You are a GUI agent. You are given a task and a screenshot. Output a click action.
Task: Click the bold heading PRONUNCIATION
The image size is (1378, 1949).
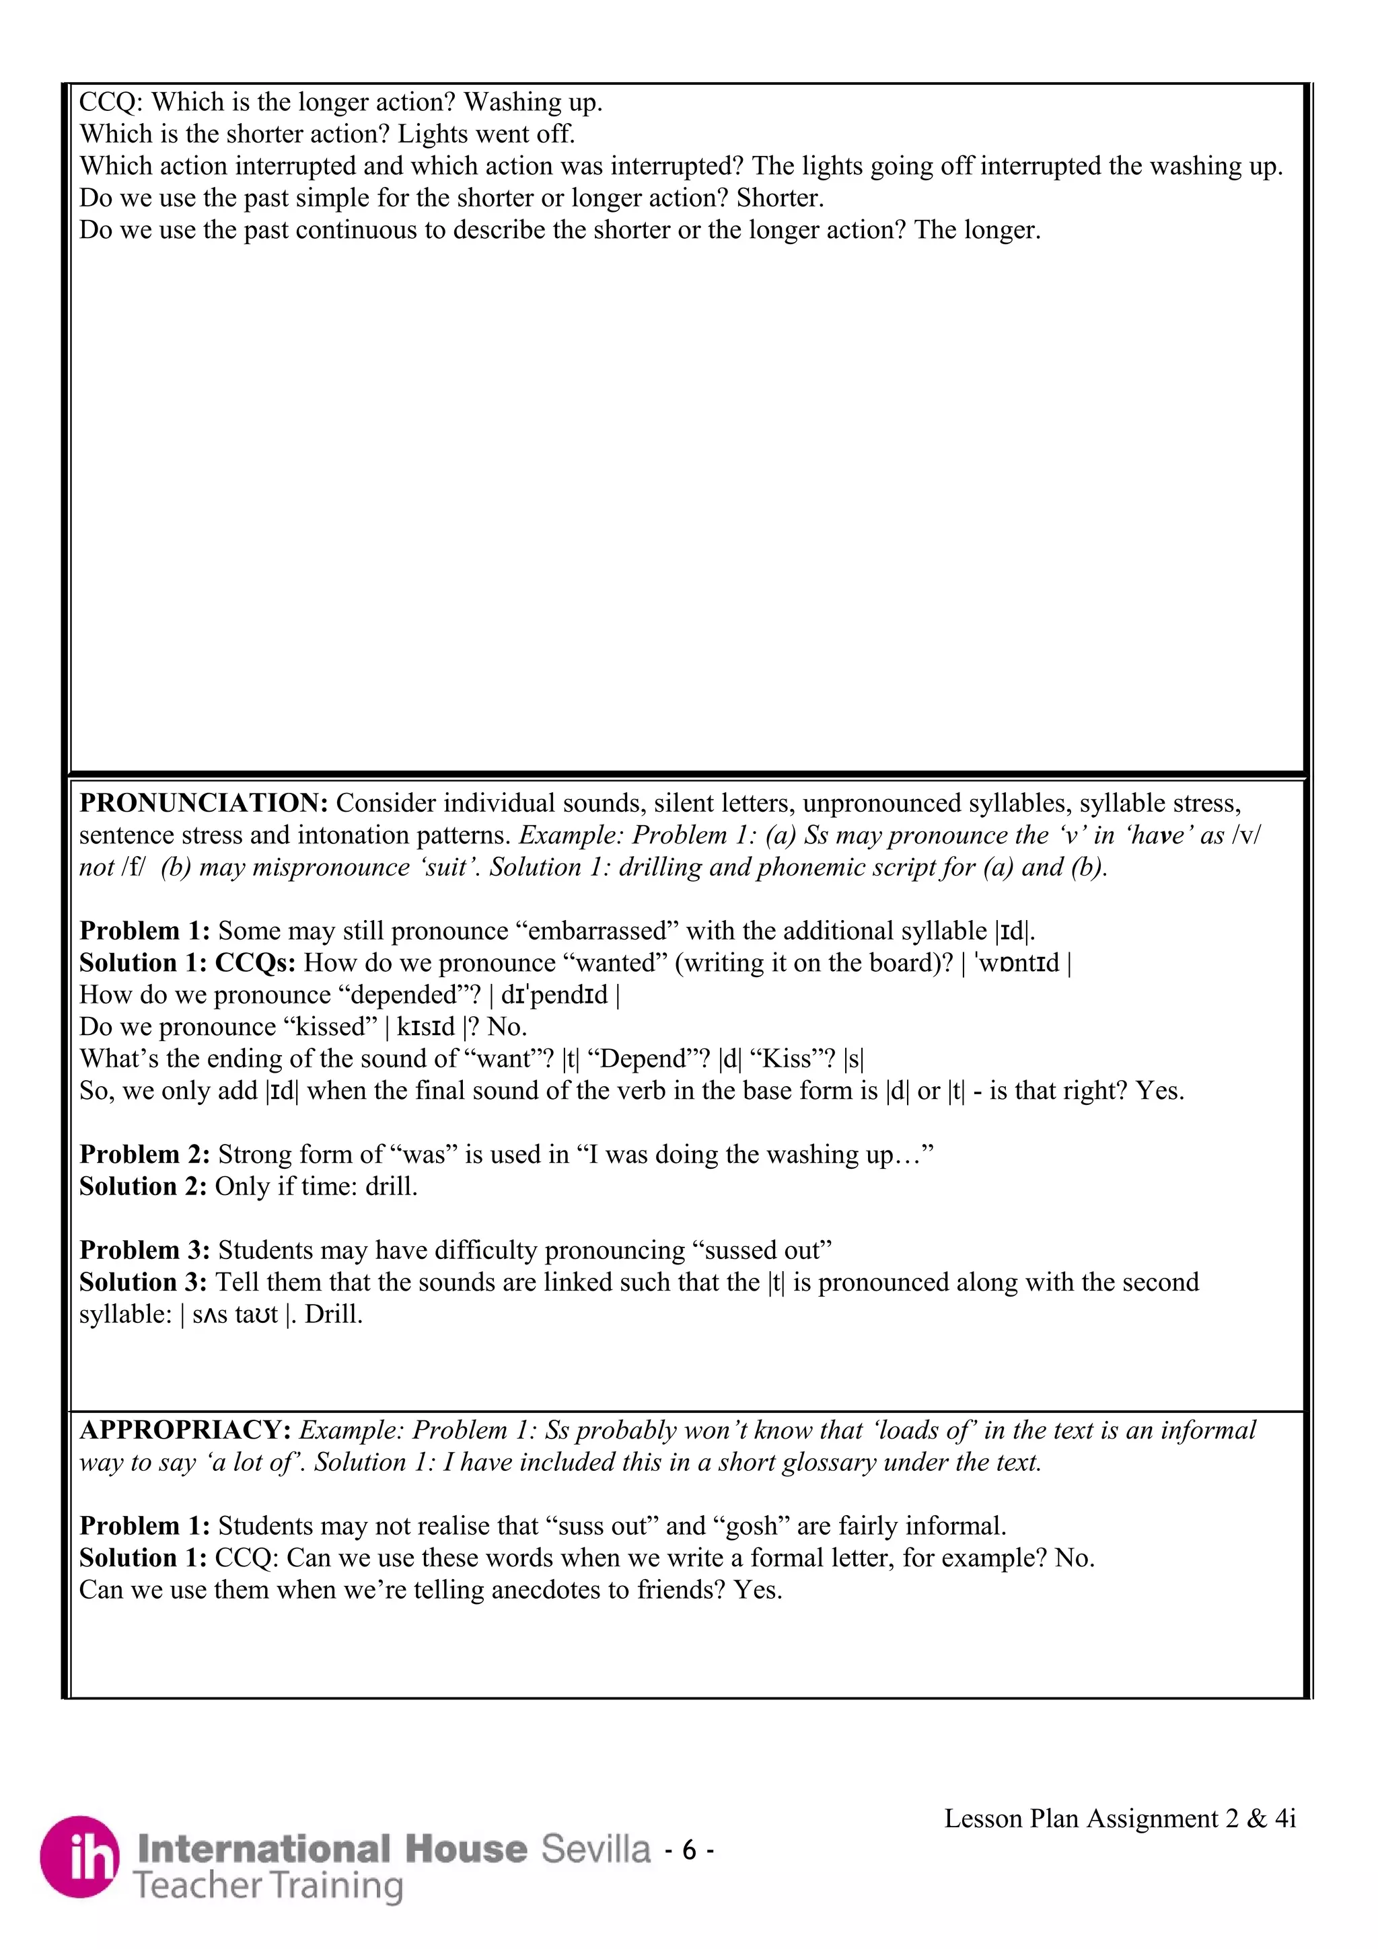pyautogui.click(x=204, y=803)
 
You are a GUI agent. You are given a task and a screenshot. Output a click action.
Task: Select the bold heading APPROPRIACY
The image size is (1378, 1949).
pyautogui.click(x=186, y=1430)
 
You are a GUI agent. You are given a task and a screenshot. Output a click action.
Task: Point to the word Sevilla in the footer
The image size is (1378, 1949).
pyautogui.click(x=596, y=1849)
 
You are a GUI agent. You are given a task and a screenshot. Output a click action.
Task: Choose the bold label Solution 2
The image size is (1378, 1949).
pyautogui.click(x=143, y=1187)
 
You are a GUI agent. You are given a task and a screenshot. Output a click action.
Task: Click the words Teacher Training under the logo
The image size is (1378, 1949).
pyautogui.click(x=268, y=1886)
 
